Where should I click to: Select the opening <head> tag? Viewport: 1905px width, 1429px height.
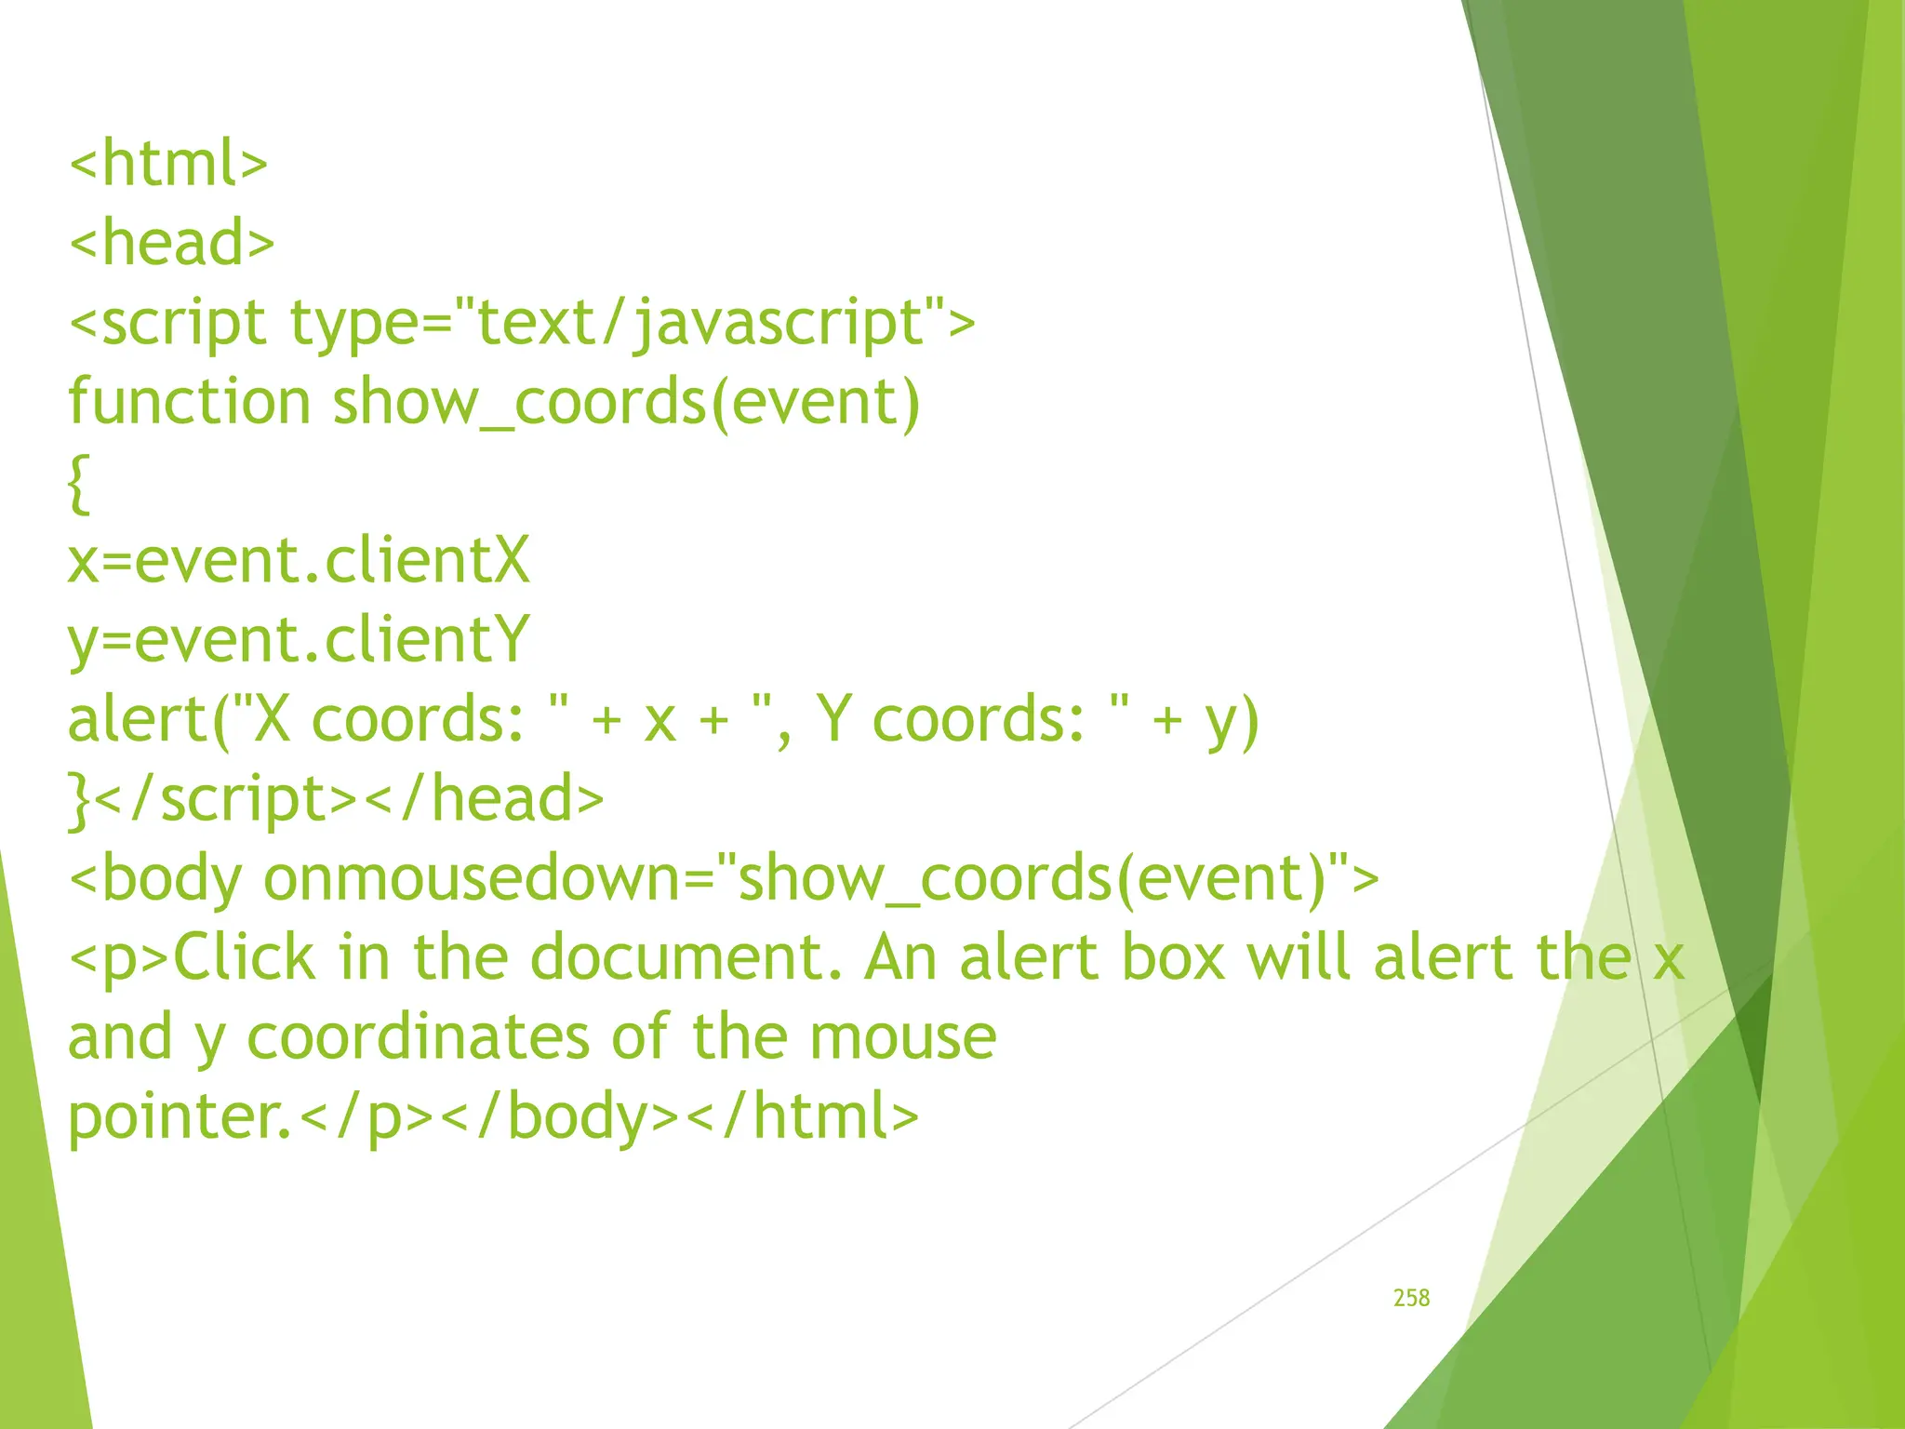pos(172,243)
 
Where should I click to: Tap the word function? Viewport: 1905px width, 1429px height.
pos(190,402)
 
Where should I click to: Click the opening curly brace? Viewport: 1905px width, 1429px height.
pos(80,483)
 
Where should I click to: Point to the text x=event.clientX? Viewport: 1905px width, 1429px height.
pos(299,561)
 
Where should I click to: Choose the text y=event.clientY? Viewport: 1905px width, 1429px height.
pos(299,641)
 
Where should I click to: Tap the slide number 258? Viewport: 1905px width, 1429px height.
pos(1411,1298)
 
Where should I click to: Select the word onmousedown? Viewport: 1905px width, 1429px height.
pos(473,879)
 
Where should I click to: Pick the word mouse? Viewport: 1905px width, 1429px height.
pos(902,1037)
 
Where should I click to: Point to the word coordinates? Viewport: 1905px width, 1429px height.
pos(419,1037)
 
